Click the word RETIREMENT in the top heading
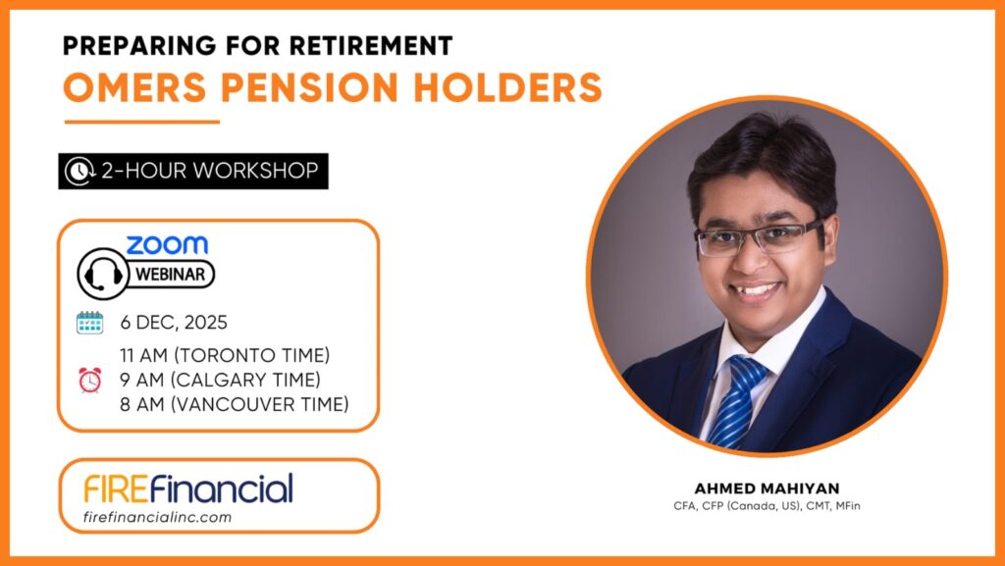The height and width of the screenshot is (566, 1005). [x=370, y=45]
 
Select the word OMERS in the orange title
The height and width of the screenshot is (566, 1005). [x=134, y=87]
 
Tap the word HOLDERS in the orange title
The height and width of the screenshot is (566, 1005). [x=508, y=87]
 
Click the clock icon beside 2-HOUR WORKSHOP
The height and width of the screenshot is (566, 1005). [x=79, y=171]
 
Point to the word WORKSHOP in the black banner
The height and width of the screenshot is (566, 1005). [x=256, y=171]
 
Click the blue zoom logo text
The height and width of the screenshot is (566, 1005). [x=167, y=244]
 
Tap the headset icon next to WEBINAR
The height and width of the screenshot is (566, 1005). [x=102, y=274]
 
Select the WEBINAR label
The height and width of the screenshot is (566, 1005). [x=171, y=275]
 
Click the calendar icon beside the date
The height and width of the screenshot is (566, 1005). [x=89, y=323]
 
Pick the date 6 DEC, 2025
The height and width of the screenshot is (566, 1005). [x=174, y=322]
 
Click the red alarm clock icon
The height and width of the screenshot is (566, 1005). [x=89, y=380]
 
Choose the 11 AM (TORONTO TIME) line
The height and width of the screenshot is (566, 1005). [x=225, y=355]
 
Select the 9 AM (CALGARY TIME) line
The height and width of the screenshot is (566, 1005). [x=220, y=380]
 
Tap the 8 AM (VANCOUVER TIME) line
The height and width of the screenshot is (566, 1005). [x=235, y=405]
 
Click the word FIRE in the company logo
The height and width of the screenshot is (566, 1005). [x=116, y=489]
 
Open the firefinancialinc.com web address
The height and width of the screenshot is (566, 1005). [x=158, y=517]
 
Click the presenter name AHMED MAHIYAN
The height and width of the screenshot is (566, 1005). [x=767, y=489]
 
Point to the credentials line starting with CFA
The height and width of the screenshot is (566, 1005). [x=767, y=506]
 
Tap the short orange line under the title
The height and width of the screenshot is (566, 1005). [x=142, y=122]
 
